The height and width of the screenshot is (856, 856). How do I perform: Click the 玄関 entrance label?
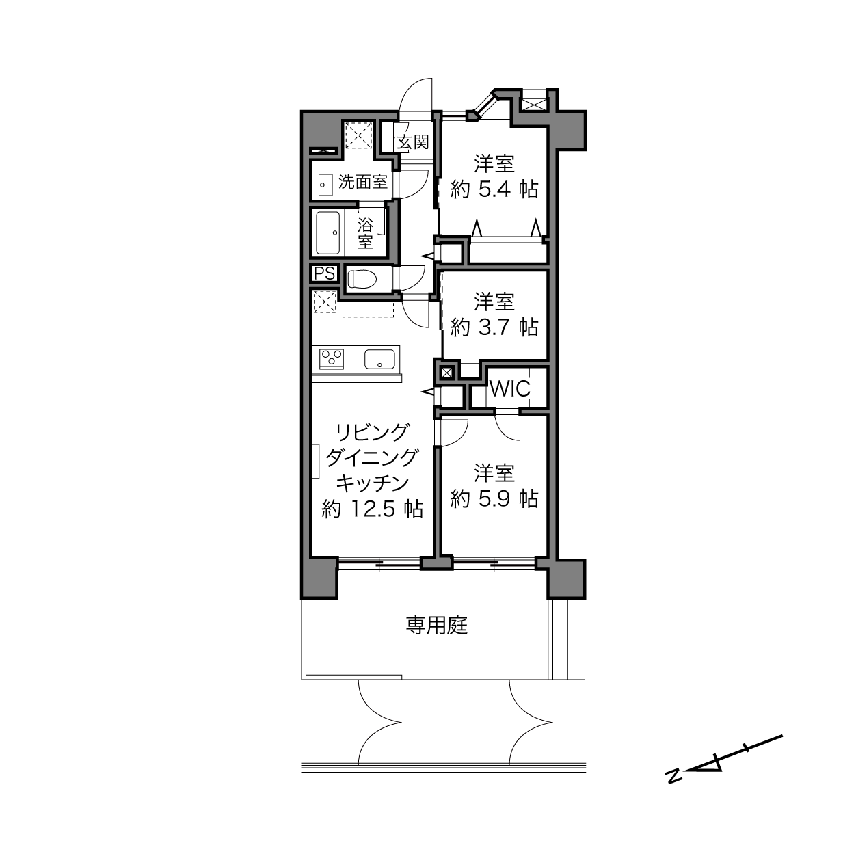(413, 142)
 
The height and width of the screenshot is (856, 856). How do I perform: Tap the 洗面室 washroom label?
(363, 182)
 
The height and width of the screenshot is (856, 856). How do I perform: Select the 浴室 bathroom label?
(365, 234)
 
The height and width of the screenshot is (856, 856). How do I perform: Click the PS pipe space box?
(324, 273)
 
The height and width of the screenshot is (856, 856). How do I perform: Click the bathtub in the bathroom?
(327, 233)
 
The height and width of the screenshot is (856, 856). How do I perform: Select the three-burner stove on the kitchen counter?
(332, 358)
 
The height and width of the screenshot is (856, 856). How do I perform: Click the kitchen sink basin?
(380, 359)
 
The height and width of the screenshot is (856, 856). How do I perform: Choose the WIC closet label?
(510, 389)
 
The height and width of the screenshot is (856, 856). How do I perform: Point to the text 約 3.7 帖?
(494, 327)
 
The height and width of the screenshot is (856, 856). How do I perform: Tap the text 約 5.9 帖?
(494, 499)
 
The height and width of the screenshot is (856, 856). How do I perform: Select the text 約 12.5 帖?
(372, 509)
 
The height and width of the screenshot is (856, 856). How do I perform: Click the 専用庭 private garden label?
(437, 626)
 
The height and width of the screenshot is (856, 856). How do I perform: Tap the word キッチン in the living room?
(372, 483)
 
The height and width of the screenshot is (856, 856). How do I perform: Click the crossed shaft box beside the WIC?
(447, 373)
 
